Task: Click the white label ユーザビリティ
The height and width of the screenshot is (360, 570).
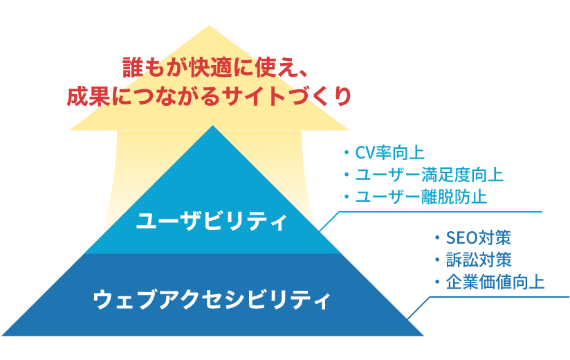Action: pyautogui.click(x=212, y=221)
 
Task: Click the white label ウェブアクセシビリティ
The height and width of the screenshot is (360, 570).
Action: pyautogui.click(x=212, y=299)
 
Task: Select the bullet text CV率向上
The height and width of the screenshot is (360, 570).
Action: pyautogui.click(x=389, y=153)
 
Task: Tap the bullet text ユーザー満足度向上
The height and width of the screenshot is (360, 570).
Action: pyautogui.click(x=429, y=175)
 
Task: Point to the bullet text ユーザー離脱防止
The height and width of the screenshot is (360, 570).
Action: pyautogui.click(x=421, y=197)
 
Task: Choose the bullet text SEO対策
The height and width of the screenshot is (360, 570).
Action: pyautogui.click(x=479, y=238)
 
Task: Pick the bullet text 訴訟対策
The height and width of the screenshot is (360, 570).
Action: pyautogui.click(x=479, y=260)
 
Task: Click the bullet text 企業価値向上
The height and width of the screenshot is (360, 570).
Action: pyautogui.click(x=495, y=282)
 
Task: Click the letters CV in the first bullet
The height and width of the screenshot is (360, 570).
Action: pyautogui.click(x=365, y=153)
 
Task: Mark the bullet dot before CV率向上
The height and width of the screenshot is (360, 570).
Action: pyautogui.click(x=346, y=153)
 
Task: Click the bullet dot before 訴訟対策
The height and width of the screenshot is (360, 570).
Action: pyautogui.click(x=437, y=260)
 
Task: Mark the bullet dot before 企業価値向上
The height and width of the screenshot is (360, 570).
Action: pyautogui.click(x=437, y=282)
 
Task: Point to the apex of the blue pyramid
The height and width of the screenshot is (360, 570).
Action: pyautogui.click(x=212, y=126)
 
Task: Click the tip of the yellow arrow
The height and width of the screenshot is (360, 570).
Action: pyautogui.click(x=209, y=26)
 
